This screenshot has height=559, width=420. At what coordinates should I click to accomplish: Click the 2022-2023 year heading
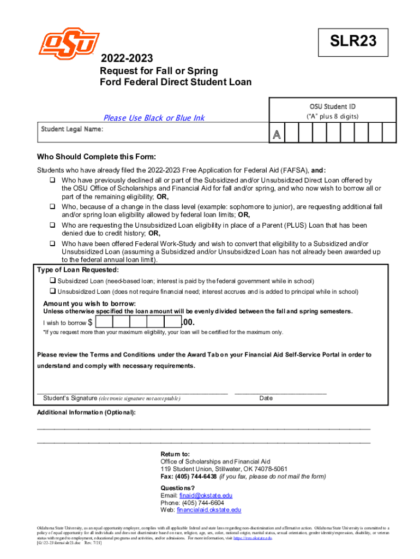(126, 58)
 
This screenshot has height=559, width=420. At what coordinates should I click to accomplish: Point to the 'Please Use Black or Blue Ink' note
(154, 118)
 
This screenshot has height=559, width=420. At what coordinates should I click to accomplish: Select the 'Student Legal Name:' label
(72, 129)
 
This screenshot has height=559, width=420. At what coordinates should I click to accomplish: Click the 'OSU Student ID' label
(332, 106)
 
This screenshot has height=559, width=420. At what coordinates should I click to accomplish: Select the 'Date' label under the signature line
(266, 398)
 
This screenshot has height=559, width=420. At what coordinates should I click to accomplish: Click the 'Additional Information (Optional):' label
(86, 412)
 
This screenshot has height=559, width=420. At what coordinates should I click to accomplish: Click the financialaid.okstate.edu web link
(209, 510)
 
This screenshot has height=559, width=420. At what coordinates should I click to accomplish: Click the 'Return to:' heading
(175, 454)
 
